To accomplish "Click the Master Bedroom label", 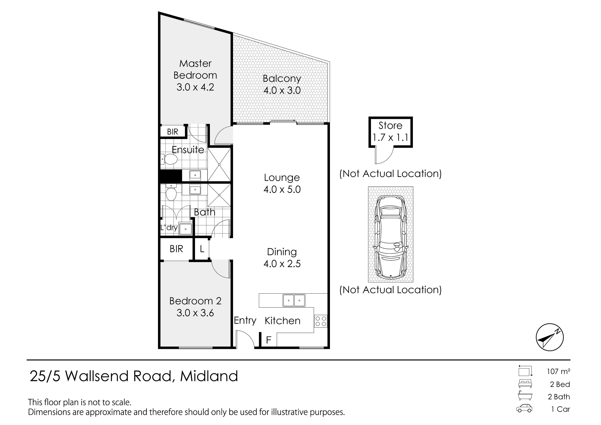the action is click(x=195, y=69).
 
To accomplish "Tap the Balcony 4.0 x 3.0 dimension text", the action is click(x=282, y=90).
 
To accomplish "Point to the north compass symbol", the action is click(x=550, y=337).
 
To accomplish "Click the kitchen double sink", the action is click(x=294, y=300).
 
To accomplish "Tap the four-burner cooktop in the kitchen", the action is click(x=321, y=321).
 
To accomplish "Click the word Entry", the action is click(x=245, y=321).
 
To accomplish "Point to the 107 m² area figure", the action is click(x=558, y=371).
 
